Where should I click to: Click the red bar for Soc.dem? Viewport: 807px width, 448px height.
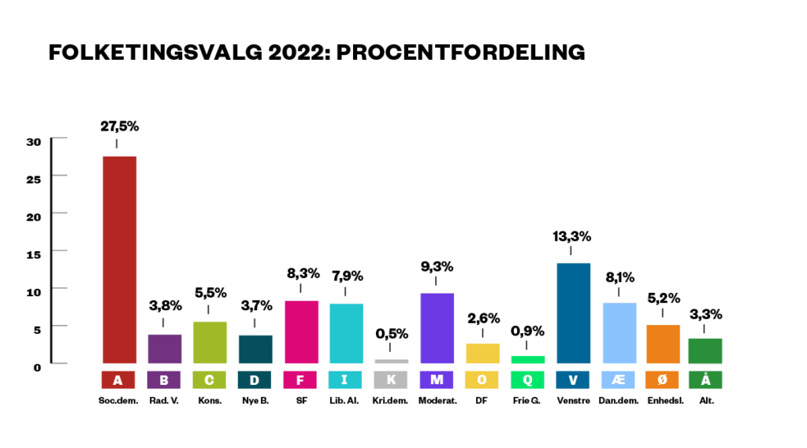[x=119, y=260]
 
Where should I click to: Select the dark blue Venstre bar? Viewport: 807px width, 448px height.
[x=573, y=313]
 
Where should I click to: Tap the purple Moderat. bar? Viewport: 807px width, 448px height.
[x=437, y=328]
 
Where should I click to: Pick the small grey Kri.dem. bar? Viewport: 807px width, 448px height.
[x=392, y=361]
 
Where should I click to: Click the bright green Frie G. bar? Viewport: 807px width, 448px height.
[x=527, y=359]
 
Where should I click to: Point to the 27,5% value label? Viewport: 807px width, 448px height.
[x=119, y=126]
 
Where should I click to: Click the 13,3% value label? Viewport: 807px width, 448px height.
[x=573, y=236]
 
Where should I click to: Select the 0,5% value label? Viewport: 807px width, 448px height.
[x=392, y=334]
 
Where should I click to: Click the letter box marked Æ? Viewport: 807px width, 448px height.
[x=619, y=380]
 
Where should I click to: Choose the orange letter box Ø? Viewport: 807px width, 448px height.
[x=663, y=380]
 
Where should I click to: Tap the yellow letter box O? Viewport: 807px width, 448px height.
[x=482, y=380]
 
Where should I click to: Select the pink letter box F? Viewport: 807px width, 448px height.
[x=300, y=380]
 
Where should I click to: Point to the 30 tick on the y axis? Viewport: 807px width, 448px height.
[x=33, y=142]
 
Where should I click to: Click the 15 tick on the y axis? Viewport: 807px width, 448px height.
[x=33, y=253]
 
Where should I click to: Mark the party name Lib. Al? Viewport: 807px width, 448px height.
[x=345, y=401]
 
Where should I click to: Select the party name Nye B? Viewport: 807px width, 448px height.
[x=255, y=401]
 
